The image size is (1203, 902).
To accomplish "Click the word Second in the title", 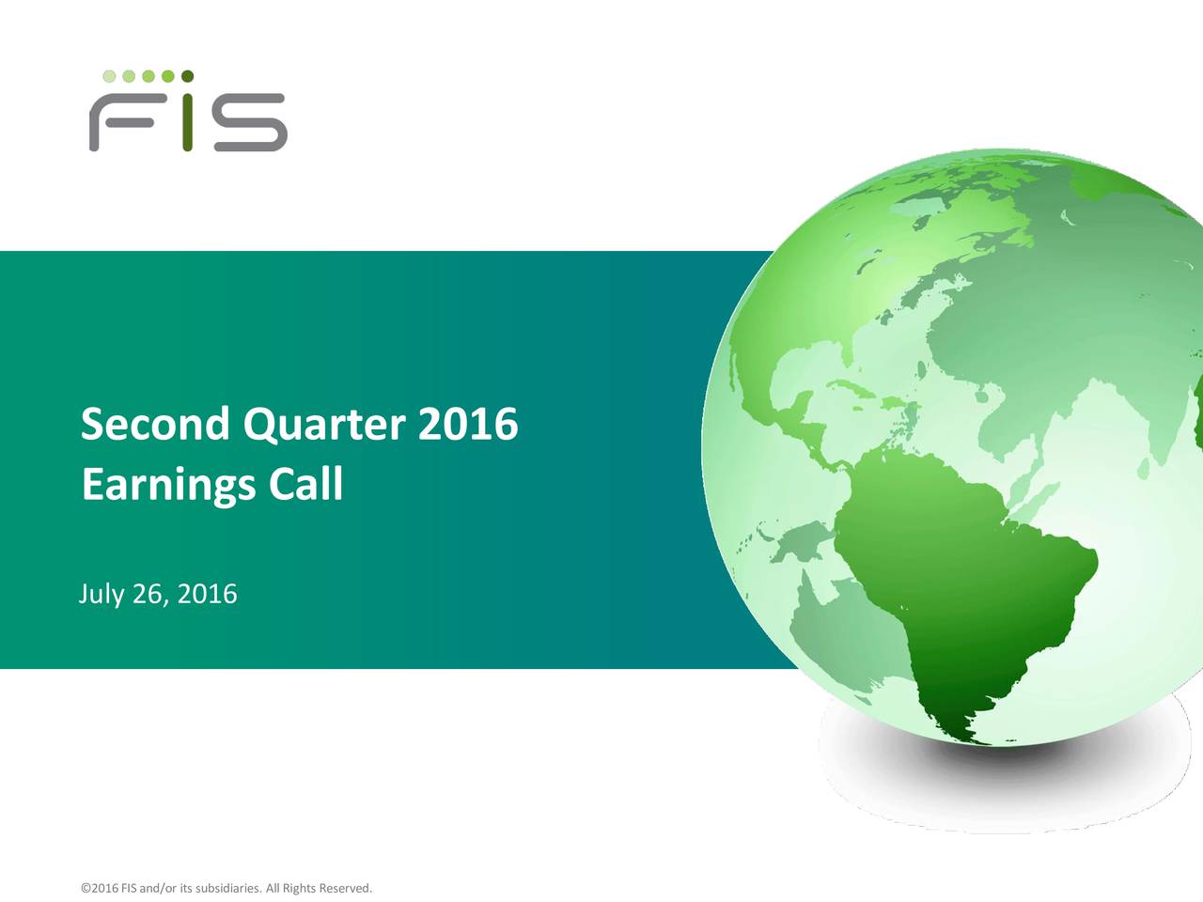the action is [x=155, y=424].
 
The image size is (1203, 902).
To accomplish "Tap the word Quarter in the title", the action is [x=324, y=426].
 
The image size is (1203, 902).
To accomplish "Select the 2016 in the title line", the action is [x=468, y=424].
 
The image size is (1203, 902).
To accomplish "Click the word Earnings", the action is [x=168, y=485].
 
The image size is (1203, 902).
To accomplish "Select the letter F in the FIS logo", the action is [x=121, y=122].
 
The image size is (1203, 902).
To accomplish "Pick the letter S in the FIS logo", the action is [x=250, y=122].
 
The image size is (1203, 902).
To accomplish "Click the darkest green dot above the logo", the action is [x=187, y=75].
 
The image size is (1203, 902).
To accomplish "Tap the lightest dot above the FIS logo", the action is [x=109, y=76].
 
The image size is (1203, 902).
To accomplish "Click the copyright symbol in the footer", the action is [x=86, y=888].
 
